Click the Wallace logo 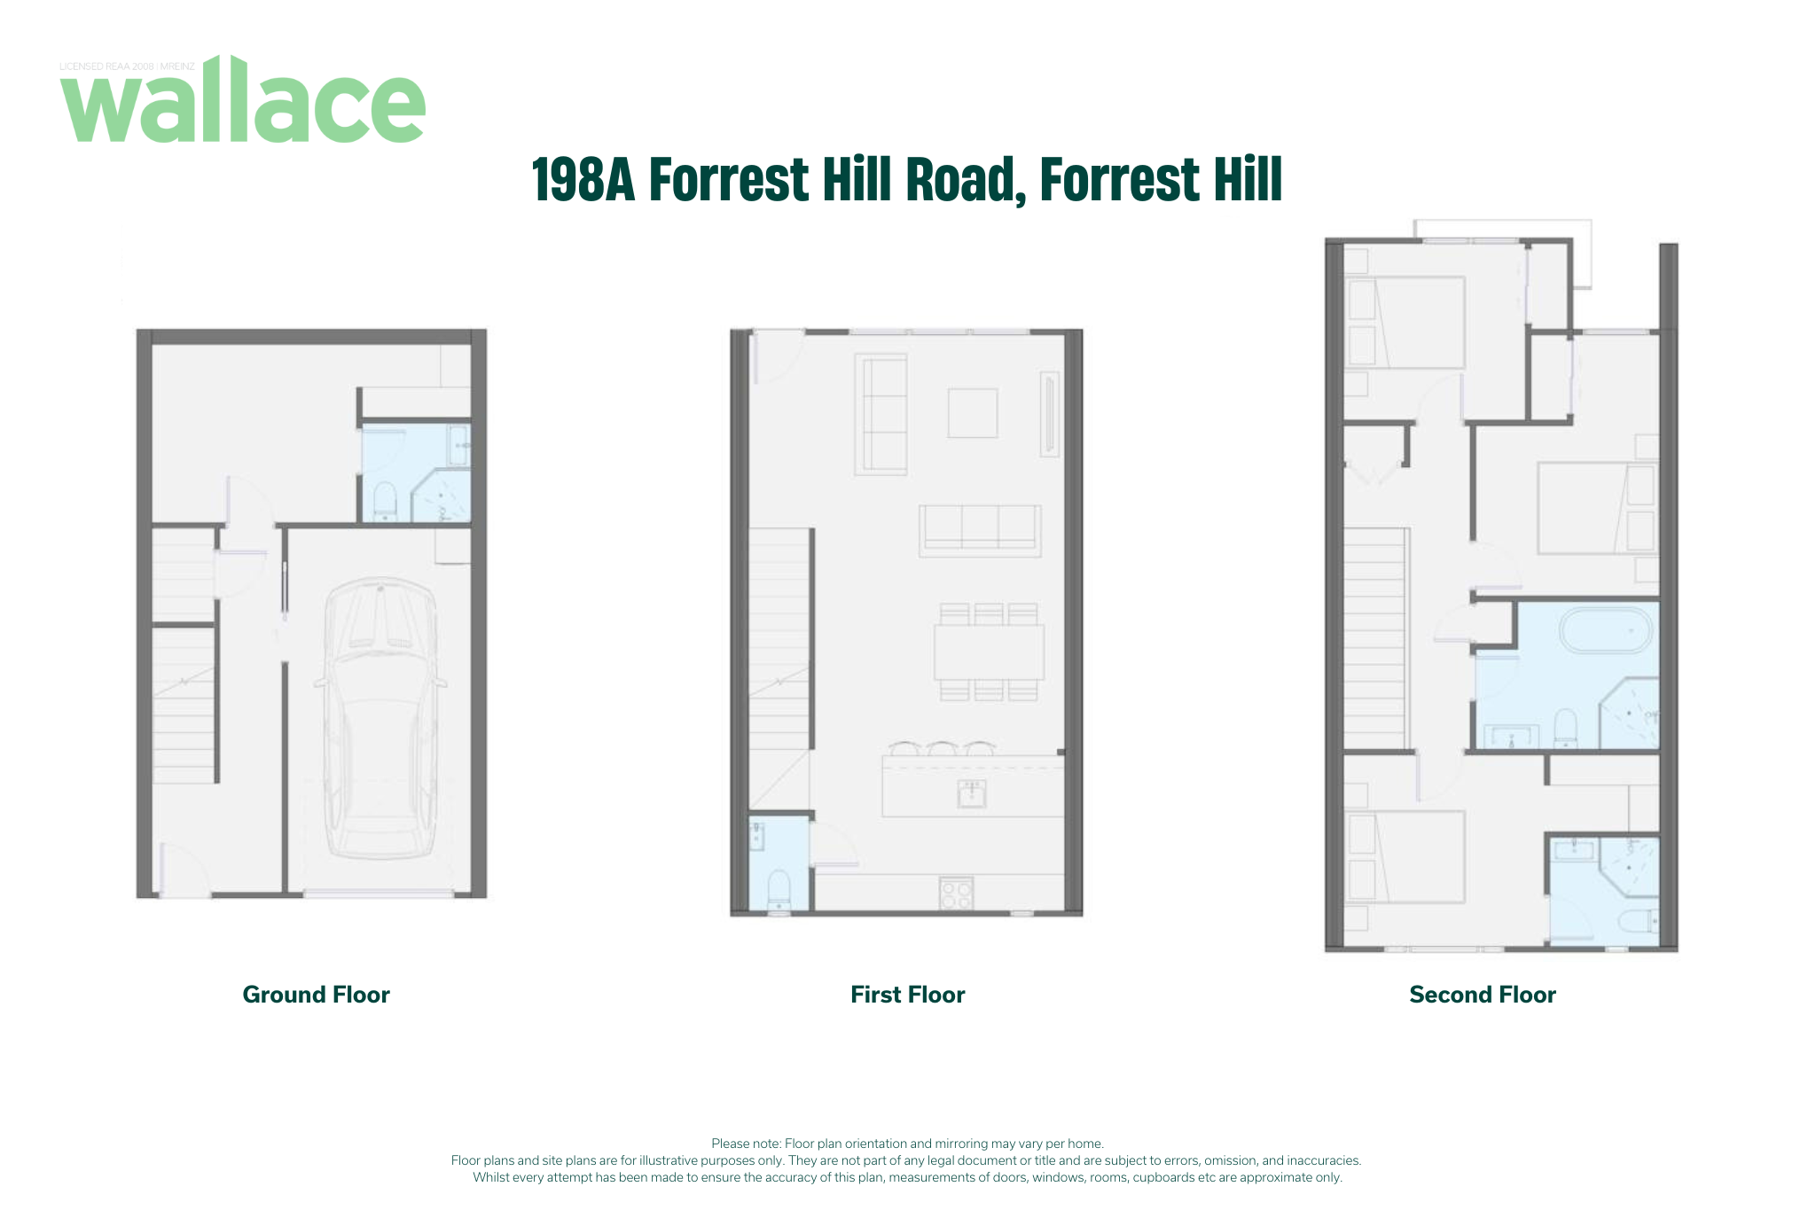pos(243,99)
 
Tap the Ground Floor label pos(317,995)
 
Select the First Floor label pos(907,995)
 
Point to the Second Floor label pos(1483,995)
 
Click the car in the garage pos(380,718)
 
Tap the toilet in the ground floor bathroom pos(385,502)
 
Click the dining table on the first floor pos(989,652)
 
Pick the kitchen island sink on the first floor pos(972,793)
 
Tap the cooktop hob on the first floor pos(956,894)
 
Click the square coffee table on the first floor pos(973,413)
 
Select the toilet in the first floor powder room pos(779,890)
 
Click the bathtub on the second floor pos(1606,630)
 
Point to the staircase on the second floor pos(1375,639)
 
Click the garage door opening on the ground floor pos(379,894)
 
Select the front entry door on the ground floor pos(184,872)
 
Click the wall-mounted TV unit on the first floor pos(1050,414)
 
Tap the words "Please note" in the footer pos(746,1144)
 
